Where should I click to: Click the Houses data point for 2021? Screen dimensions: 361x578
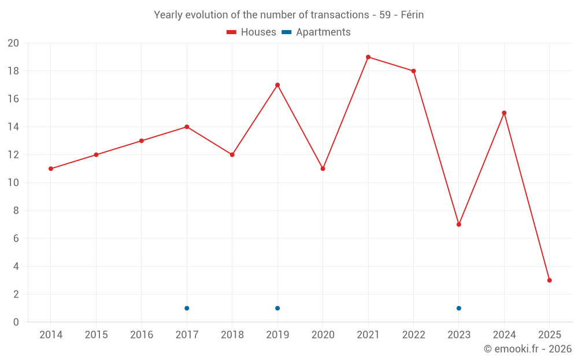[368, 57]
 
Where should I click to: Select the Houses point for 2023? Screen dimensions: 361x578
[459, 224]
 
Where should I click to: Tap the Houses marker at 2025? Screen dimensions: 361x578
[550, 280]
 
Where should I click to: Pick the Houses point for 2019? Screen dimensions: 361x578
[277, 85]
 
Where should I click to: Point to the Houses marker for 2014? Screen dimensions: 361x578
[51, 169]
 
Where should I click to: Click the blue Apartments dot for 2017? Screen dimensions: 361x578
[187, 308]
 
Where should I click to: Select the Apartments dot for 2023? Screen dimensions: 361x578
[459, 308]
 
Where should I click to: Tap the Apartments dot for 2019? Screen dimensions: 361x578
[277, 308]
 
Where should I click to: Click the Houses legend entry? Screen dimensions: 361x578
[251, 32]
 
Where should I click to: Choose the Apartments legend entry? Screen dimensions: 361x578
[316, 32]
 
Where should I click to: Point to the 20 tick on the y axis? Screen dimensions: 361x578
[13, 43]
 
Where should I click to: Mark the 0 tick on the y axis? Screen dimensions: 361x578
[16, 322]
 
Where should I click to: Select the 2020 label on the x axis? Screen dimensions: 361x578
[323, 335]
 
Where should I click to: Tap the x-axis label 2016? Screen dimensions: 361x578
[142, 335]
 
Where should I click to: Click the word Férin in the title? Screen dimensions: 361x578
[412, 15]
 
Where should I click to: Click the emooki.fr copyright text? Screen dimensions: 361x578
[528, 349]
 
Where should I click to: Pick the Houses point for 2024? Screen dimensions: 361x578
[504, 113]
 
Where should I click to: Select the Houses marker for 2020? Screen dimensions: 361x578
[323, 169]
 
